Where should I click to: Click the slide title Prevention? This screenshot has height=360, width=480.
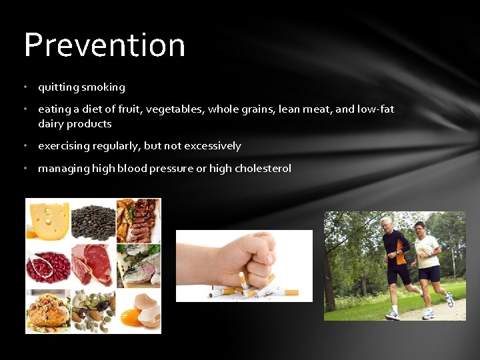pos(105,45)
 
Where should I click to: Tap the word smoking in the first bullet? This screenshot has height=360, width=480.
pos(103,87)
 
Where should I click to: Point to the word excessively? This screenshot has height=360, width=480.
pos(213,146)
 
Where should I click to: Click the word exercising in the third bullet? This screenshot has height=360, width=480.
pos(65,146)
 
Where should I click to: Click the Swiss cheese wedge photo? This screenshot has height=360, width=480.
pos(47,221)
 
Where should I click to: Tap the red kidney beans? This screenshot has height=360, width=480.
pos(47,265)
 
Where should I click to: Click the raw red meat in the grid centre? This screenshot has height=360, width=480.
pos(93,265)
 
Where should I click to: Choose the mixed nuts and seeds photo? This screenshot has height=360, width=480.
pos(93,310)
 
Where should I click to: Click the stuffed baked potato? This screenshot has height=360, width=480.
pos(47,310)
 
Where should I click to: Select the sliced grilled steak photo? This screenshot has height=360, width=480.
pos(139,221)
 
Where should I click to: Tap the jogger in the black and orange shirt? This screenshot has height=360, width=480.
pos(397,263)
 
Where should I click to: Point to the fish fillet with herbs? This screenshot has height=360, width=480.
pos(139,265)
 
